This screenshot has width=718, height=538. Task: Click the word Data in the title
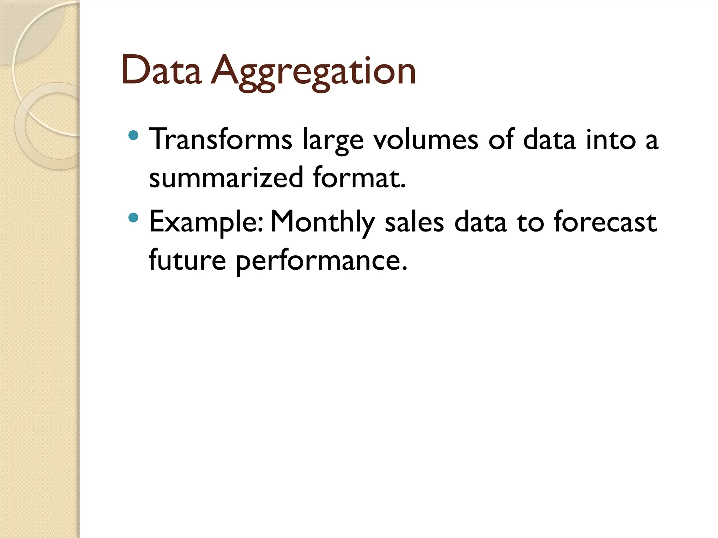point(162,71)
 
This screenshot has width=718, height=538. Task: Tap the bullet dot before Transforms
point(133,135)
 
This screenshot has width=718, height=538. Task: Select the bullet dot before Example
point(133,218)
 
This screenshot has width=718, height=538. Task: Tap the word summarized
point(226,178)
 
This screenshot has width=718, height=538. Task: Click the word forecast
point(605,222)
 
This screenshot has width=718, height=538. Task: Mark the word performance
point(321,262)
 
